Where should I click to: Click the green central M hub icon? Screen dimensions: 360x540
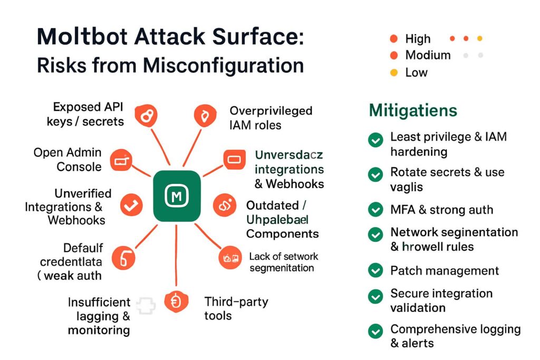tap(177, 196)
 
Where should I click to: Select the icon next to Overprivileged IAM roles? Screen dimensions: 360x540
tap(204, 115)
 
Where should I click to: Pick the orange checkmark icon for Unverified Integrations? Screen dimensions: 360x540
tap(131, 205)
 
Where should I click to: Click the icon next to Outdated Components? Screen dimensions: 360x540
tap(225, 205)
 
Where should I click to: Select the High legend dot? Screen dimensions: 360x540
tap(393, 38)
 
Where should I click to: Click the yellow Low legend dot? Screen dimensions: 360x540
tap(393, 72)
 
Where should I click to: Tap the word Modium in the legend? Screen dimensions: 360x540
tap(428, 55)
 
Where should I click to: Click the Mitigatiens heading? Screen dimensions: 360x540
tap(413, 111)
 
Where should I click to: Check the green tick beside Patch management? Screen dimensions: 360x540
tap(375, 271)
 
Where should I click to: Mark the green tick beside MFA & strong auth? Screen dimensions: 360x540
tap(375, 210)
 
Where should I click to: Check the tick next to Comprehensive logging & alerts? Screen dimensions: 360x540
tap(375, 331)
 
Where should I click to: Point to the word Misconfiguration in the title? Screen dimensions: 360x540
tap(224, 65)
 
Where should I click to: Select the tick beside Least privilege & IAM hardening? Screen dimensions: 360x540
tap(375, 140)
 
